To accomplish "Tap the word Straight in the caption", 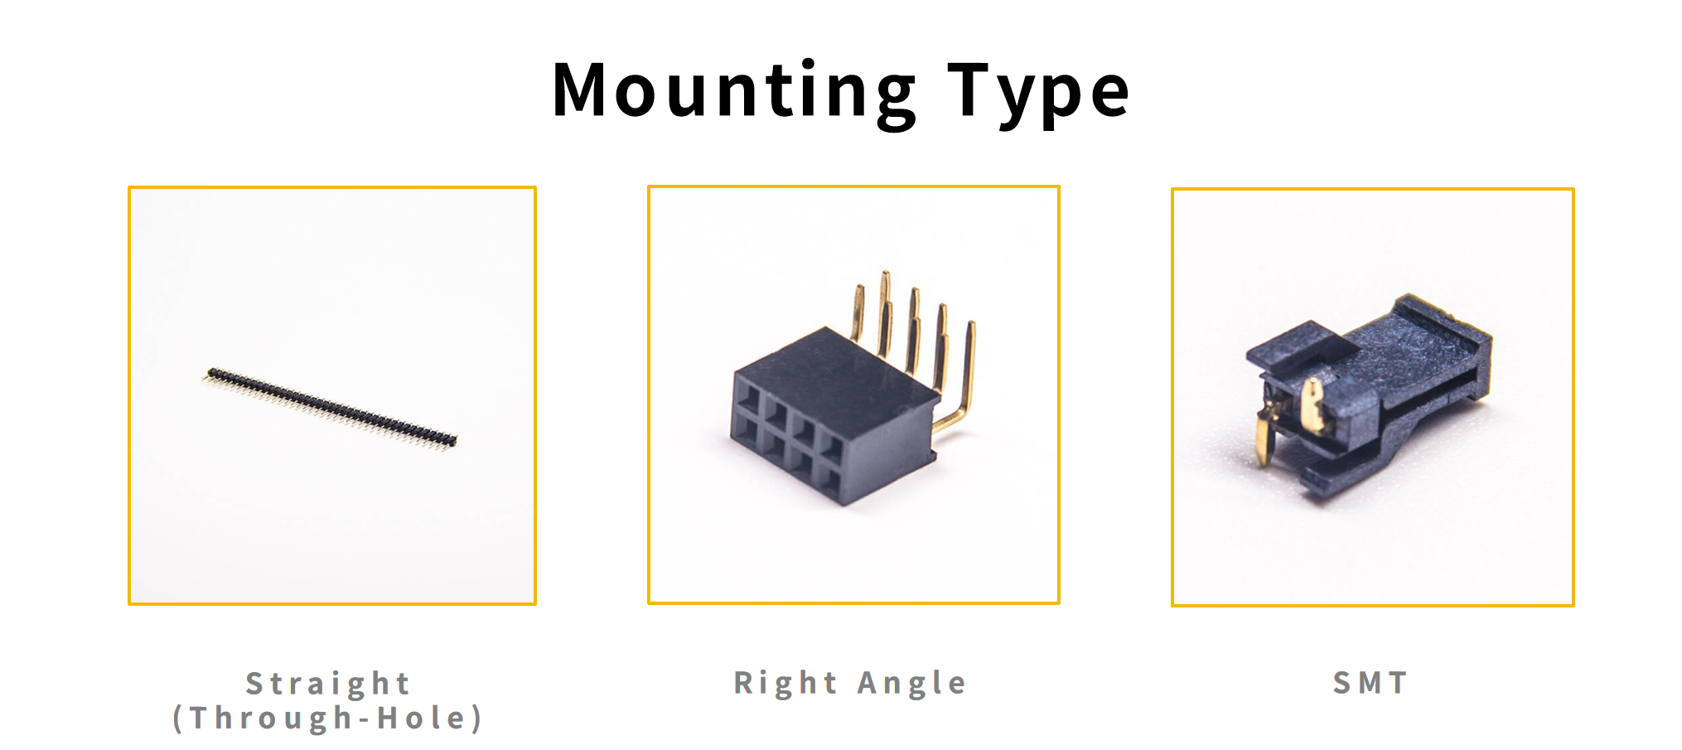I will tap(328, 684).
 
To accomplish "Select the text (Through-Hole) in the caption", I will tap(328, 718).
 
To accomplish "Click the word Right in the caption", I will tap(785, 683).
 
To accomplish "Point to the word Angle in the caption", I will tap(911, 683).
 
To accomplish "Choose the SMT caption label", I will tap(1370, 683).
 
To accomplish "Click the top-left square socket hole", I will tap(747, 394).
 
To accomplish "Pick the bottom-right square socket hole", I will tap(831, 477).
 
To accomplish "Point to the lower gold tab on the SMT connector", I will tap(1264, 439).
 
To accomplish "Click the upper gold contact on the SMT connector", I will tap(1312, 404).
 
